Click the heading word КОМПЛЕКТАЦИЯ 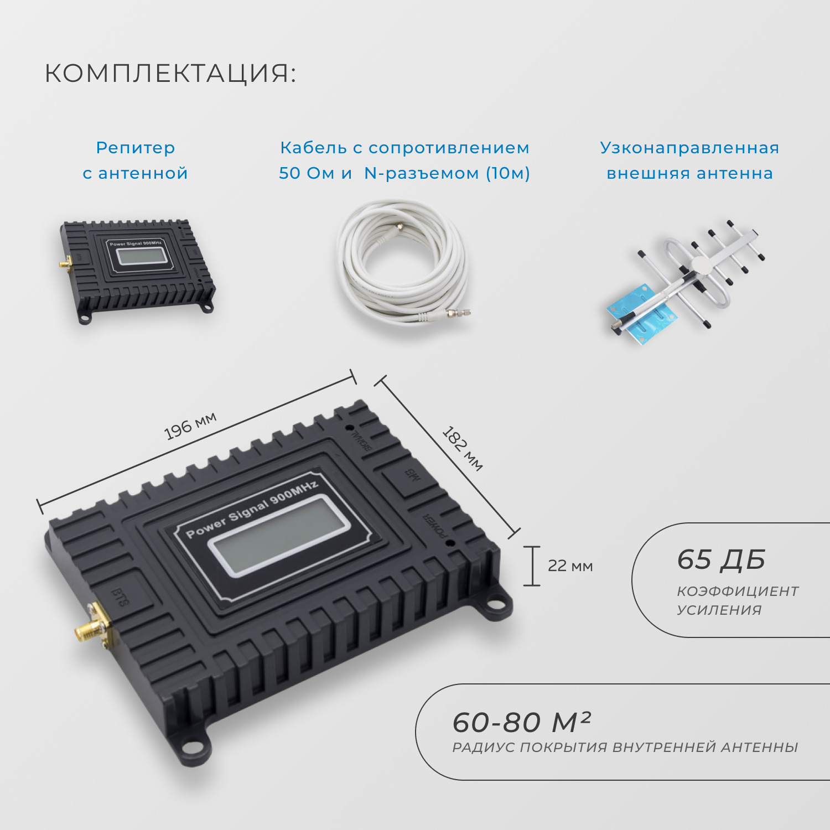pos(170,73)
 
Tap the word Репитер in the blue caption pos(135,148)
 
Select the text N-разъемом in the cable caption pos(422,173)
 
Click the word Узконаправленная pos(689,148)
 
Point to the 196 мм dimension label pos(190,426)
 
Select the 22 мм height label pos(570,566)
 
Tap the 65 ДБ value pos(721,559)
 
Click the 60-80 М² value pos(521,722)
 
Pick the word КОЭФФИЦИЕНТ pos(738,591)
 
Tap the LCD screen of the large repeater pos(279,535)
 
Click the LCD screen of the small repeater pos(141,256)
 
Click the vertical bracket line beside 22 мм pos(532,566)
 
